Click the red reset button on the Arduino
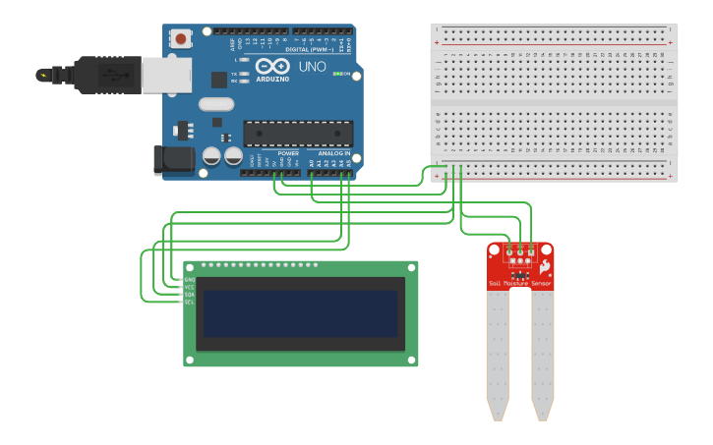(x=182, y=38)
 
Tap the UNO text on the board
(x=312, y=67)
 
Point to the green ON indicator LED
(x=338, y=74)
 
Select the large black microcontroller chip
(x=298, y=133)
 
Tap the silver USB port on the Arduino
(x=166, y=75)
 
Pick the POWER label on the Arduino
(x=288, y=153)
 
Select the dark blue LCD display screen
(x=301, y=312)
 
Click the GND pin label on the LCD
(x=189, y=280)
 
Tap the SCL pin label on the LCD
(x=189, y=302)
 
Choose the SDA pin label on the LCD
(x=189, y=295)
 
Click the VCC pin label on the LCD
(x=189, y=287)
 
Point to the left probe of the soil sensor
(x=498, y=354)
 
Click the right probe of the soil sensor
(x=543, y=354)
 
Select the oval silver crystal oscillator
(x=216, y=104)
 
